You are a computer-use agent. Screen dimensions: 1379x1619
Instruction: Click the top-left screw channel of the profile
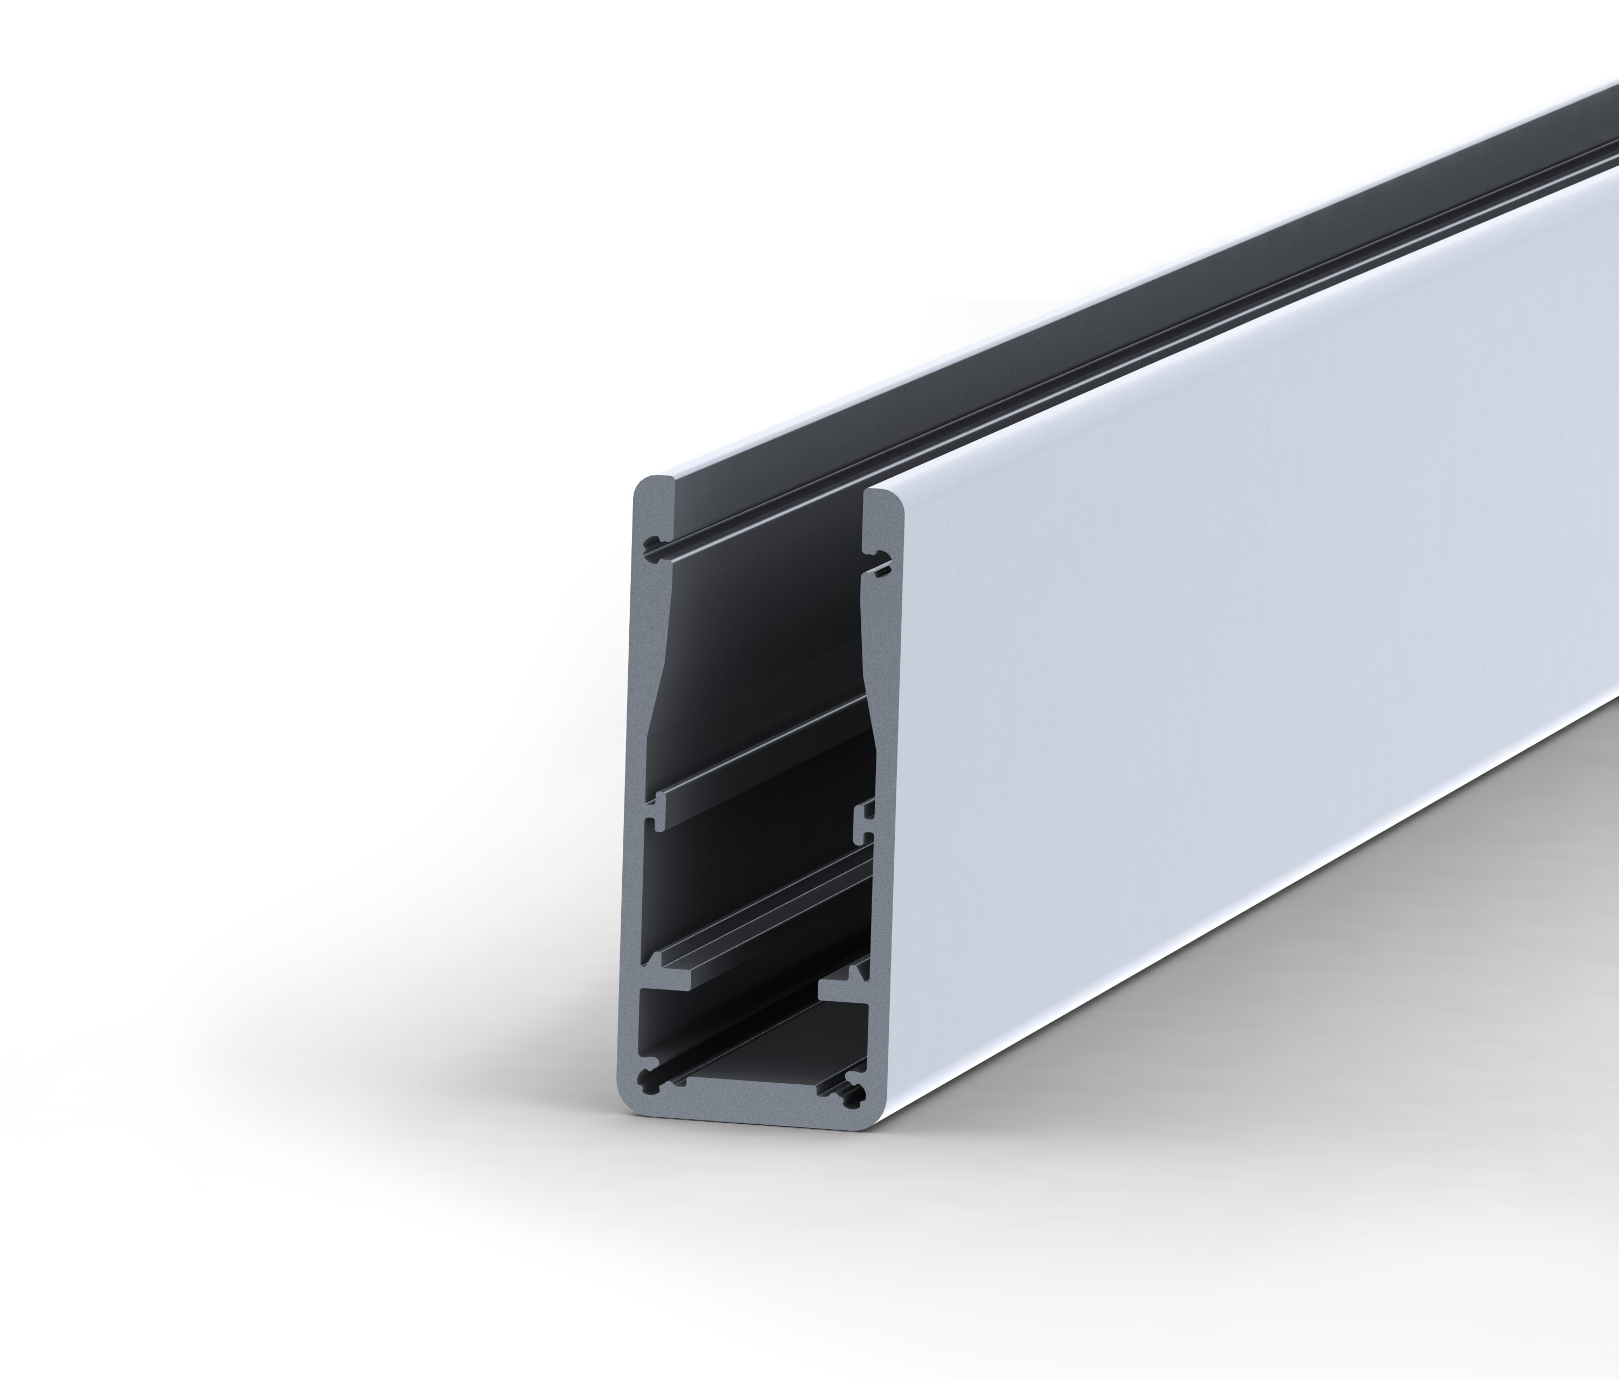(x=652, y=545)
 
